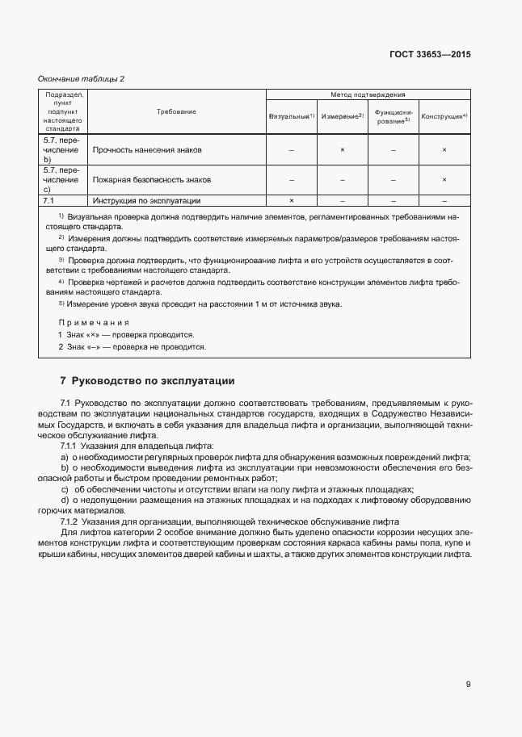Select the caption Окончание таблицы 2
click(82, 78)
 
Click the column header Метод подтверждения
click(368, 95)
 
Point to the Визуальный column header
click(291, 117)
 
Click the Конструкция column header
click(444, 117)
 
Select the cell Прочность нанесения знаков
click(147, 150)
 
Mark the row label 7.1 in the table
click(48, 200)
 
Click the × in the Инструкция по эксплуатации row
click(291, 200)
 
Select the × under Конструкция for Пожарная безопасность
click(444, 179)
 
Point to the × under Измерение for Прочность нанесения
click(342, 150)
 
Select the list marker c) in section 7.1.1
click(65, 489)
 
